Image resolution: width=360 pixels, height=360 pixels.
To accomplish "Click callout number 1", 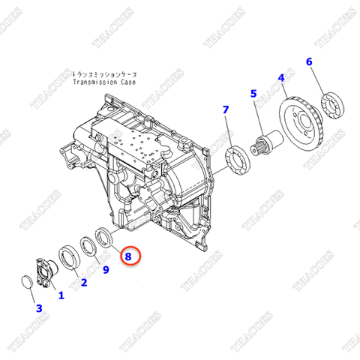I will coord(61,295).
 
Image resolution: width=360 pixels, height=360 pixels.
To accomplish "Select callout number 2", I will coord(83,283).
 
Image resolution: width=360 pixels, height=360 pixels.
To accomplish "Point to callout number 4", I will coord(281,77).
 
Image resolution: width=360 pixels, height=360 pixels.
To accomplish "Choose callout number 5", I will coord(253,94).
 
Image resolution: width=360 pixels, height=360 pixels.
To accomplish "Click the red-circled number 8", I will coord(128,256).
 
